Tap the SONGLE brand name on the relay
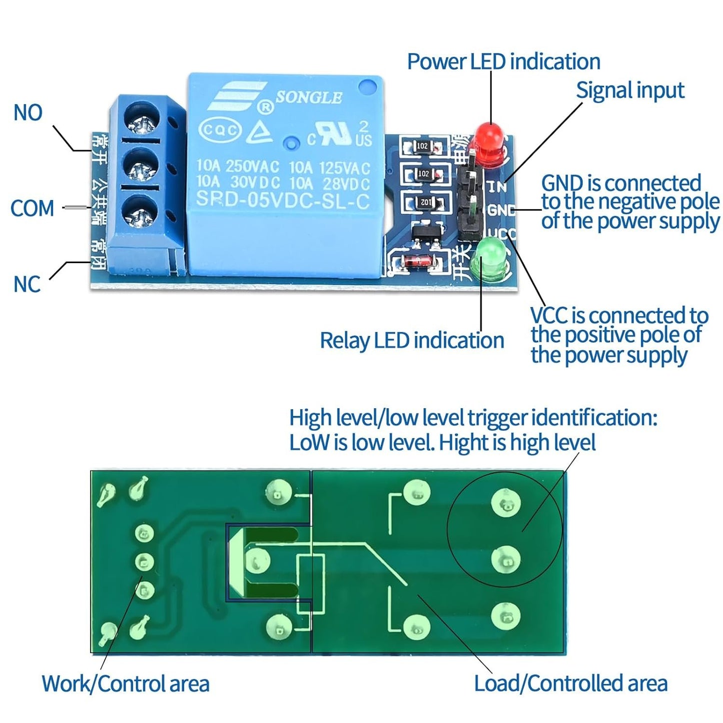pyautogui.click(x=309, y=98)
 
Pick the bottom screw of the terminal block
pyautogui.click(x=139, y=214)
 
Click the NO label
pyautogui.click(x=28, y=113)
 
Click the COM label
pyautogui.click(x=33, y=208)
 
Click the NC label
pyautogui.click(x=27, y=284)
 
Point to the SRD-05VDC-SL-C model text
pyautogui.click(x=283, y=201)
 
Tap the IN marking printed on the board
pyautogui.click(x=497, y=187)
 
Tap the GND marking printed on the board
pyautogui.click(x=501, y=210)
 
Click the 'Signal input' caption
pyautogui.click(x=629, y=91)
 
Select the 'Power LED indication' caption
pyautogui.click(x=503, y=62)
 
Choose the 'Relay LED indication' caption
pyautogui.click(x=411, y=341)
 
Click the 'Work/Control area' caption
pyautogui.click(x=125, y=683)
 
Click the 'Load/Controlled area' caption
pyautogui.click(x=570, y=683)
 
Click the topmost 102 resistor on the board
pyautogui.click(x=423, y=147)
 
